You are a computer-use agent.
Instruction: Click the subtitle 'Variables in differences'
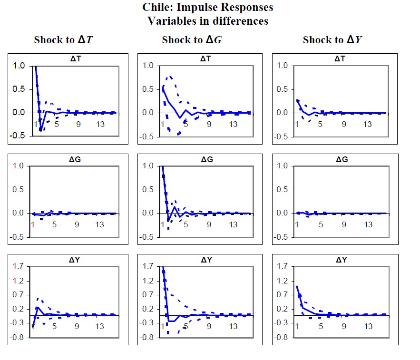(208, 21)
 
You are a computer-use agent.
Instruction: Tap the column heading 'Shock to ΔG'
(192, 40)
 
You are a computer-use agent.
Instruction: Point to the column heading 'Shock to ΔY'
(332, 40)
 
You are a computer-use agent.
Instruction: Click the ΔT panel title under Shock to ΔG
(206, 59)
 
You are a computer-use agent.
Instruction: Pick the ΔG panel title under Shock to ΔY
(341, 159)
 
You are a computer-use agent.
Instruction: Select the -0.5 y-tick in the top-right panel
(282, 136)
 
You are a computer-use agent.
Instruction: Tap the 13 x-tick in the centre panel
(234, 224)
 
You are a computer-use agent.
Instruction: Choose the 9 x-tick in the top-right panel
(344, 125)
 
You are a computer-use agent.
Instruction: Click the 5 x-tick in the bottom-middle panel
(186, 327)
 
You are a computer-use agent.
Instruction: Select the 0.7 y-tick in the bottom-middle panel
(148, 295)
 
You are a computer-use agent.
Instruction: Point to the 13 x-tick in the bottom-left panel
(100, 327)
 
